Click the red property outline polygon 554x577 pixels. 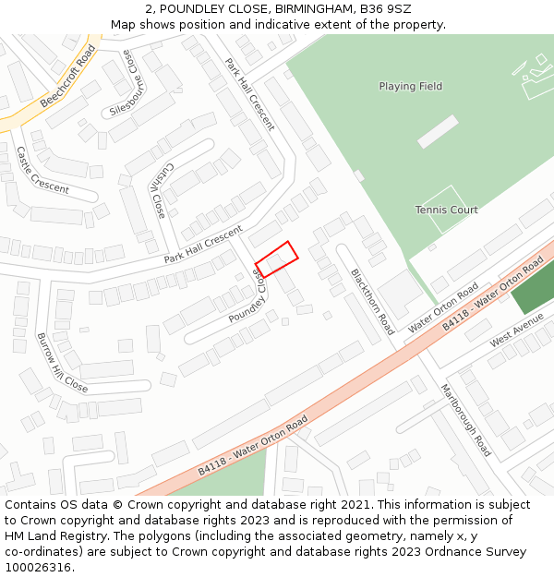click(276, 259)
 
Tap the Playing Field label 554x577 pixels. click(410, 87)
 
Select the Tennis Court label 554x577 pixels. click(446, 210)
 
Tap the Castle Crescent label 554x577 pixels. click(42, 170)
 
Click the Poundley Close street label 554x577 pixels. click(247, 302)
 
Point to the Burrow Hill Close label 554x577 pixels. click(62, 362)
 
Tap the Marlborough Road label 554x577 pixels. click(465, 420)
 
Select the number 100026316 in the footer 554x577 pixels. click(37, 567)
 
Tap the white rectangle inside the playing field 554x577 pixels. click(437, 131)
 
